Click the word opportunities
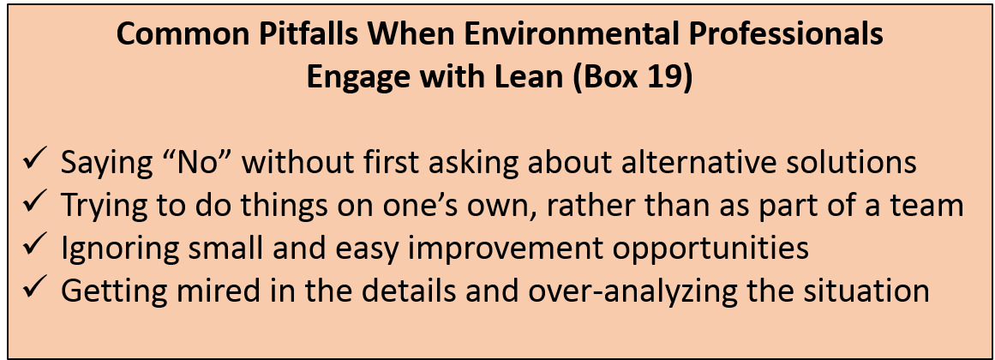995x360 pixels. (x=691, y=249)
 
